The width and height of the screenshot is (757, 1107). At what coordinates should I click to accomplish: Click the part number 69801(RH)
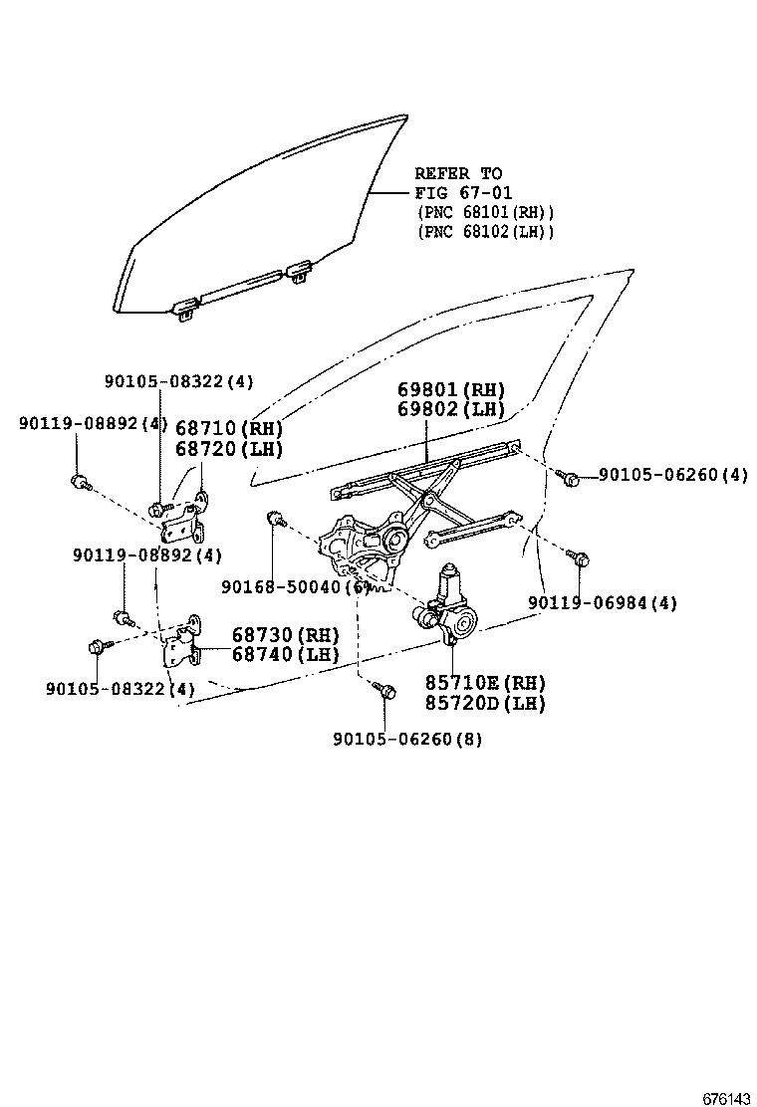click(450, 389)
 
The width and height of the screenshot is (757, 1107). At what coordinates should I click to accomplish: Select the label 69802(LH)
click(450, 409)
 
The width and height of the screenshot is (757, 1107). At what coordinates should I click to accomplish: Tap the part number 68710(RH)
click(229, 428)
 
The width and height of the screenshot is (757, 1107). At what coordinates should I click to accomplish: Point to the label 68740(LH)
click(286, 654)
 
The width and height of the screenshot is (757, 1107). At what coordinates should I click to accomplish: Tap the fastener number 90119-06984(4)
click(603, 602)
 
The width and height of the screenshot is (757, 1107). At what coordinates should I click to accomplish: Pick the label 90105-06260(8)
click(407, 739)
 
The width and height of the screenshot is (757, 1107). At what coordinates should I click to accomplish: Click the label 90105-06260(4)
click(672, 475)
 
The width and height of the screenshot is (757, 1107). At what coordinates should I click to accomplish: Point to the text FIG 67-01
click(463, 192)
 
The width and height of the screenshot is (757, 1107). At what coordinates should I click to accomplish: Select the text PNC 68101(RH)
click(485, 212)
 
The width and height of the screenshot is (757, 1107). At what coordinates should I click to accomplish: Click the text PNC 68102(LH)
click(485, 231)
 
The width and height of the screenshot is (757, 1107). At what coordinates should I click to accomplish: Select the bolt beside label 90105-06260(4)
click(571, 479)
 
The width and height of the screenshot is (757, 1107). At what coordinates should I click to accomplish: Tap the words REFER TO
click(458, 173)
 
